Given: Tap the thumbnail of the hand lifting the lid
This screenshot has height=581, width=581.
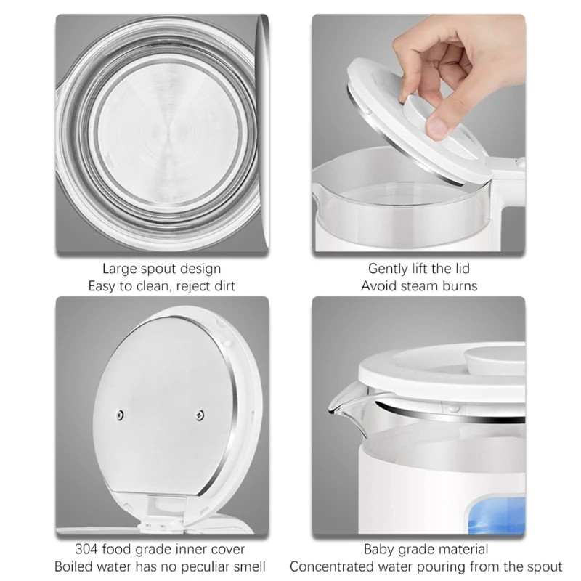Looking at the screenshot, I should click(418, 133).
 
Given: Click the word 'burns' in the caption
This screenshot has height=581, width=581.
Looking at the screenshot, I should click(459, 286).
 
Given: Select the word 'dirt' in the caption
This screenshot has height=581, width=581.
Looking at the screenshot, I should click(224, 286).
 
